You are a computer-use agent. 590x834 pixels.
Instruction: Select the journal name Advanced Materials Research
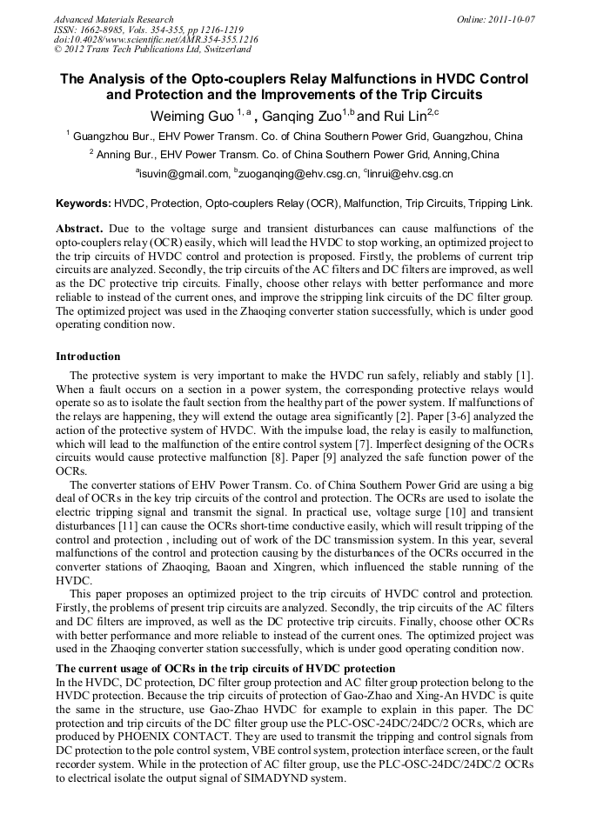[114, 19]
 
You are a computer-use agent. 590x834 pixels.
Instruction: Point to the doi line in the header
[156, 39]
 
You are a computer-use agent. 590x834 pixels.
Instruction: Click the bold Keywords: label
[83, 203]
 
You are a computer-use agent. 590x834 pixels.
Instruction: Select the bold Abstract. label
[79, 228]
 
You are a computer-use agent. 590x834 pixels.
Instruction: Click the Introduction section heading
[88, 357]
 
